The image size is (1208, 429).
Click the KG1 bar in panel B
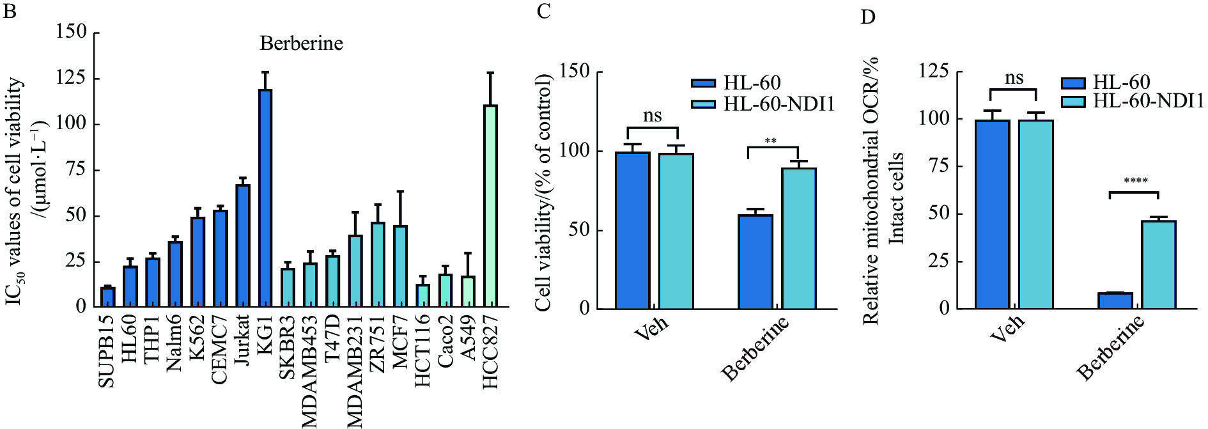coord(265,198)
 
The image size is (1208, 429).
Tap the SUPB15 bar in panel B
coord(108,297)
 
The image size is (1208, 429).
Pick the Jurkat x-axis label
coord(242,339)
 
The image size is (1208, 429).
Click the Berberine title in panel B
coord(301,43)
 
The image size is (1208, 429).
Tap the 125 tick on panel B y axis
coord(71,78)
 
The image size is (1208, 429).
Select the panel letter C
coord(543,12)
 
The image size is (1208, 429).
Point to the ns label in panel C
coord(652,116)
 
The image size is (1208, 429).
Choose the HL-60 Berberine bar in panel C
coord(755,262)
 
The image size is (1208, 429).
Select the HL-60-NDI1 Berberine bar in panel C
coord(799,238)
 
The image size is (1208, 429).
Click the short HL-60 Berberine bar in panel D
coord(1115,300)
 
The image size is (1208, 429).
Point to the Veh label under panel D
coord(1008,327)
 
